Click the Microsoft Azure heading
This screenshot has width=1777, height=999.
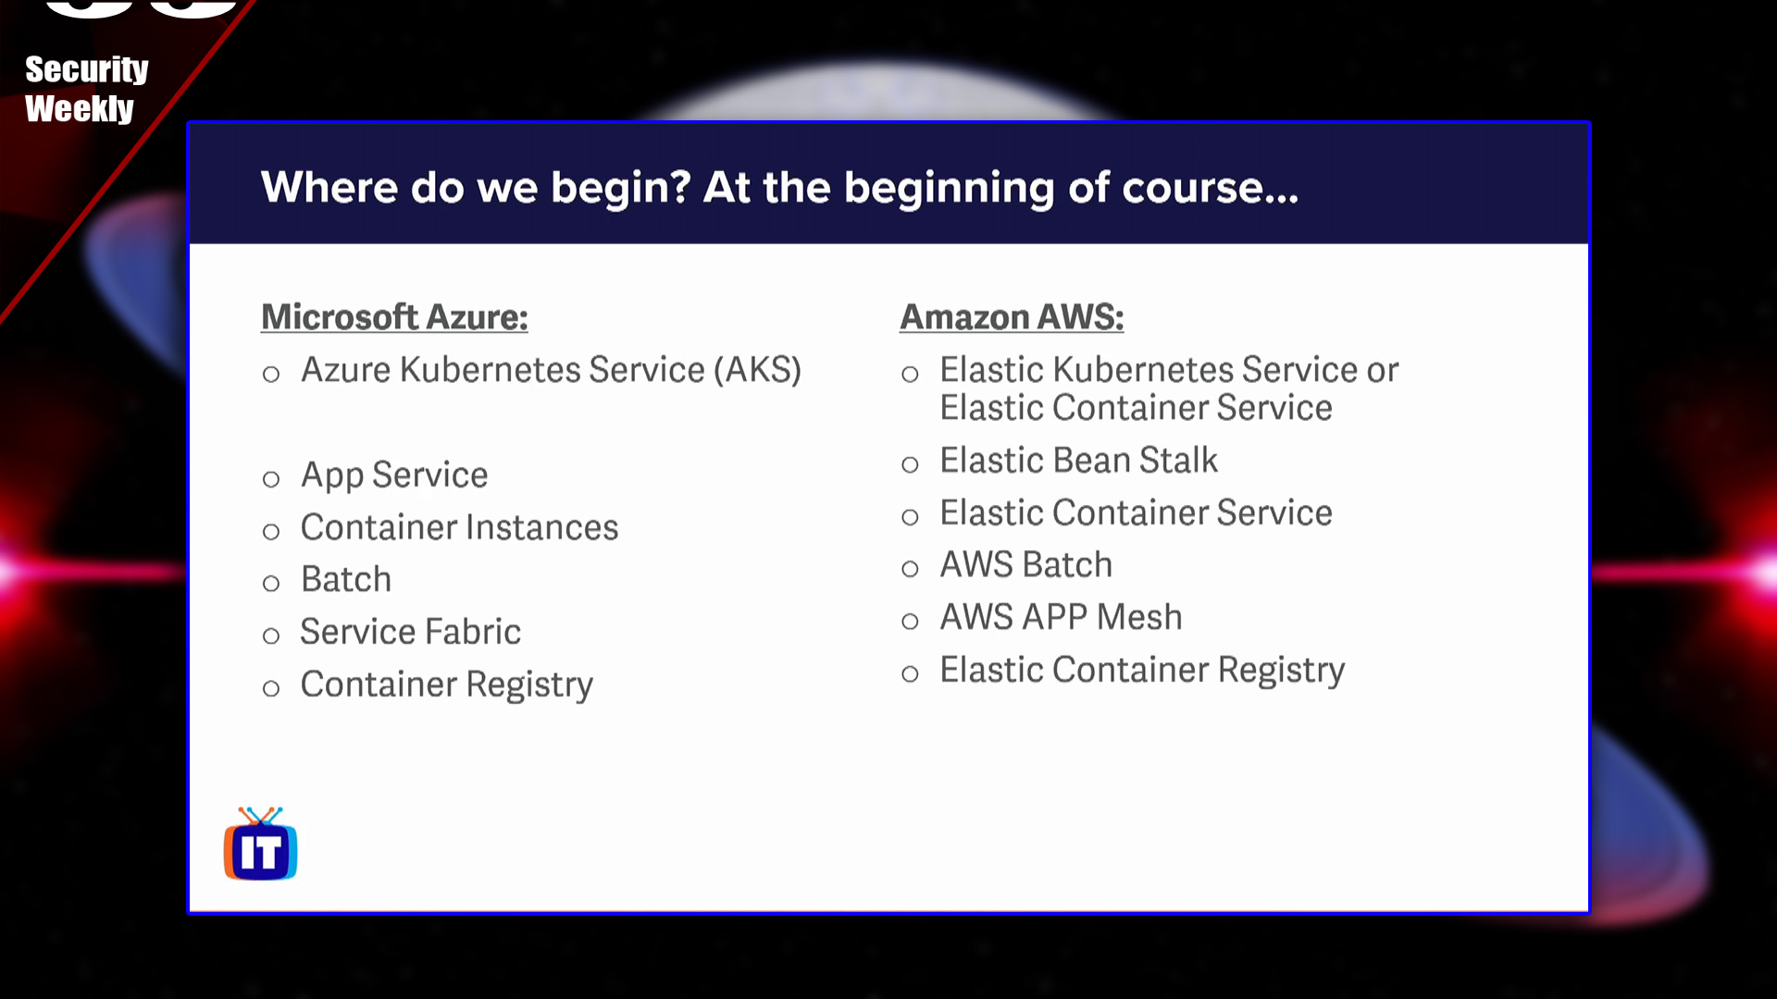tap(394, 317)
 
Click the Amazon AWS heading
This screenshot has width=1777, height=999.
tap(1012, 317)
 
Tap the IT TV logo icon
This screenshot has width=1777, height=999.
tap(260, 845)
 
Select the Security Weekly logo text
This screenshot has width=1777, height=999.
tap(85, 89)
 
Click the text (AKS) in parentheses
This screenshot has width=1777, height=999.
tap(757, 370)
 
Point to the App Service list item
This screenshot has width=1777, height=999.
tap(394, 475)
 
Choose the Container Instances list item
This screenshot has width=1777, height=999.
tap(459, 527)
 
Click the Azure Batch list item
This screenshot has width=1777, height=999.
tap(346, 580)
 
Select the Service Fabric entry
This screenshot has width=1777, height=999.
tap(410, 632)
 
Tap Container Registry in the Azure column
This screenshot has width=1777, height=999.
tap(446, 684)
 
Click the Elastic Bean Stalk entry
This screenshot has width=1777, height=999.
tap(1078, 461)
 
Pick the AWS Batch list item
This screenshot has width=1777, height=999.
tap(1025, 565)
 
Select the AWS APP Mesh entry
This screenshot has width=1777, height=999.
tap(1061, 617)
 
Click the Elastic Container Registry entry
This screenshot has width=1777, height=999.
tap(1142, 670)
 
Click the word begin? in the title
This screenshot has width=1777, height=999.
tap(621, 189)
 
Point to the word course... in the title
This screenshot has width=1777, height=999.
tap(1210, 189)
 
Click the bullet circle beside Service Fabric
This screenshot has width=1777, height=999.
tap(271, 635)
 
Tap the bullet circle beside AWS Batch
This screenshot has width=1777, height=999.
tap(910, 569)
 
